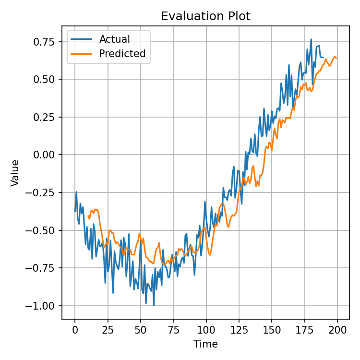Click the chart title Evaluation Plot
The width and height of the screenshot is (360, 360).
pyautogui.click(x=205, y=16)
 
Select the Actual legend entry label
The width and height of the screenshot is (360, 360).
pyautogui.click(x=114, y=39)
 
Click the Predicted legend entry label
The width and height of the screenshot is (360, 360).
pyautogui.click(x=122, y=54)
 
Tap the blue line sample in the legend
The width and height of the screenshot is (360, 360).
pyautogui.click(x=82, y=39)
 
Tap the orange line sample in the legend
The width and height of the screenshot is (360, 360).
pyautogui.click(x=82, y=54)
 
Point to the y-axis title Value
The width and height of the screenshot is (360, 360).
pyautogui.click(x=15, y=173)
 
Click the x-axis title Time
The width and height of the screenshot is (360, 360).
pyautogui.click(x=205, y=344)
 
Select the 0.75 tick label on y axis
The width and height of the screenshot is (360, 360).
pyautogui.click(x=46, y=42)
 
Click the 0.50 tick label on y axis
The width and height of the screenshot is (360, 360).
pyautogui.click(x=46, y=79)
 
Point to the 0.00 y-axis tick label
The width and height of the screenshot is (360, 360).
pyautogui.click(x=46, y=155)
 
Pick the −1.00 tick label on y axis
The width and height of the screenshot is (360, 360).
pyautogui.click(x=43, y=306)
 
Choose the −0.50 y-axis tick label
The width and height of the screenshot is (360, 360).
pyautogui.click(x=43, y=230)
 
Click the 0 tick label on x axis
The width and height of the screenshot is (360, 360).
pyautogui.click(x=75, y=330)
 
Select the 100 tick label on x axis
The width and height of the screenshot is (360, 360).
pyautogui.click(x=206, y=330)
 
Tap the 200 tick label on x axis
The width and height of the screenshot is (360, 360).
pyautogui.click(x=337, y=330)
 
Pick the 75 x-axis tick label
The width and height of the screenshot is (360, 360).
pyautogui.click(x=173, y=330)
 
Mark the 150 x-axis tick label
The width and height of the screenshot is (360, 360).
pyautogui.click(x=272, y=330)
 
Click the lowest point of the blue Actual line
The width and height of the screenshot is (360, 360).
pyautogui.click(x=154, y=306)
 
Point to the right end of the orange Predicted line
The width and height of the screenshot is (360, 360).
pyautogui.click(x=336, y=59)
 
